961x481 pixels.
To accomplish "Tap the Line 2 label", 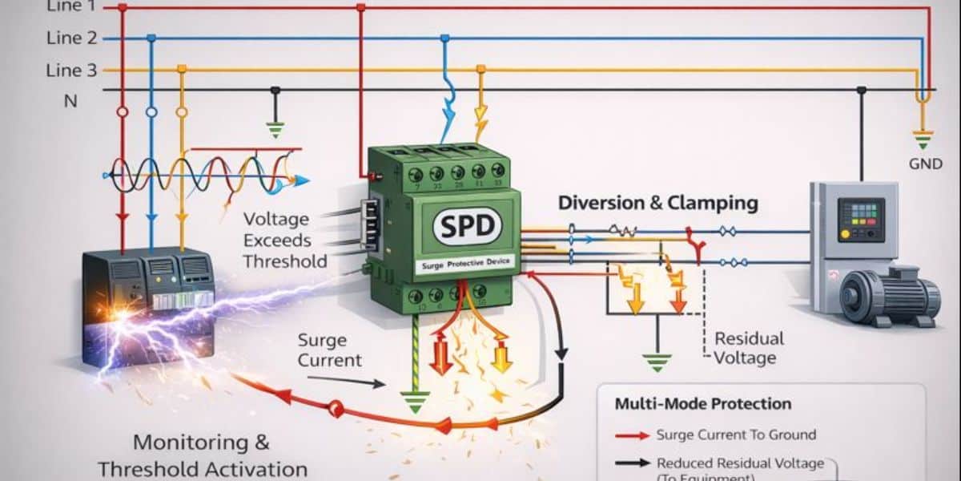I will pos(71,38).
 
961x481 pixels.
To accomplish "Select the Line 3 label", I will pos(71,71).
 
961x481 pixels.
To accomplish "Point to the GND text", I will pos(924,162).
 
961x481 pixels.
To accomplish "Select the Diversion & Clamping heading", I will pos(658,203).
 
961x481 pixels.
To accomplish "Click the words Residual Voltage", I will pos(749,348).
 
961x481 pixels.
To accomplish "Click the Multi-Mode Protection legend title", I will pos(702,404).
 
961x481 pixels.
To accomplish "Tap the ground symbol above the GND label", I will pos(923,138).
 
